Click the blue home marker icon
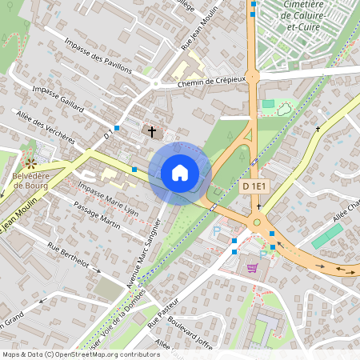tap(180, 173)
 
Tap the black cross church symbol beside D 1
tap(151, 130)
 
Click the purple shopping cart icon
tap(254, 268)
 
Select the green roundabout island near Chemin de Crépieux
tap(253, 77)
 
